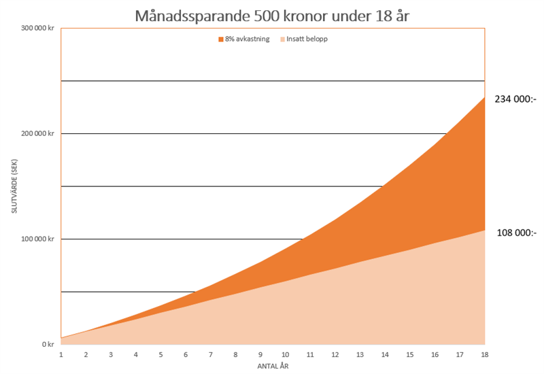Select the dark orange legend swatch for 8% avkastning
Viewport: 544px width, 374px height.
pos(220,39)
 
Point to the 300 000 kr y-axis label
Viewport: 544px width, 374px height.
pos(38,28)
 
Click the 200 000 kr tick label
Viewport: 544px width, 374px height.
pos(38,133)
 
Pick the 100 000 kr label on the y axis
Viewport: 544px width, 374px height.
pos(38,239)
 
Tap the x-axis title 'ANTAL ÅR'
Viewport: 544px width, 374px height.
pos(273,366)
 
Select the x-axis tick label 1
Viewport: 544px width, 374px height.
pos(61,354)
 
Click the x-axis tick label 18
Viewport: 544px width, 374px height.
pos(485,354)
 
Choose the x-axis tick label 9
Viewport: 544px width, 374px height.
pos(260,354)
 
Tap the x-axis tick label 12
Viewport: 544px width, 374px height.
pos(335,354)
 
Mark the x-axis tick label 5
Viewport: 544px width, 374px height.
pos(161,354)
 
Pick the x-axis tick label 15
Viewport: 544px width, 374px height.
pos(410,354)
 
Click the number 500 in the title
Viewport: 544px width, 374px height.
pos(248,14)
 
